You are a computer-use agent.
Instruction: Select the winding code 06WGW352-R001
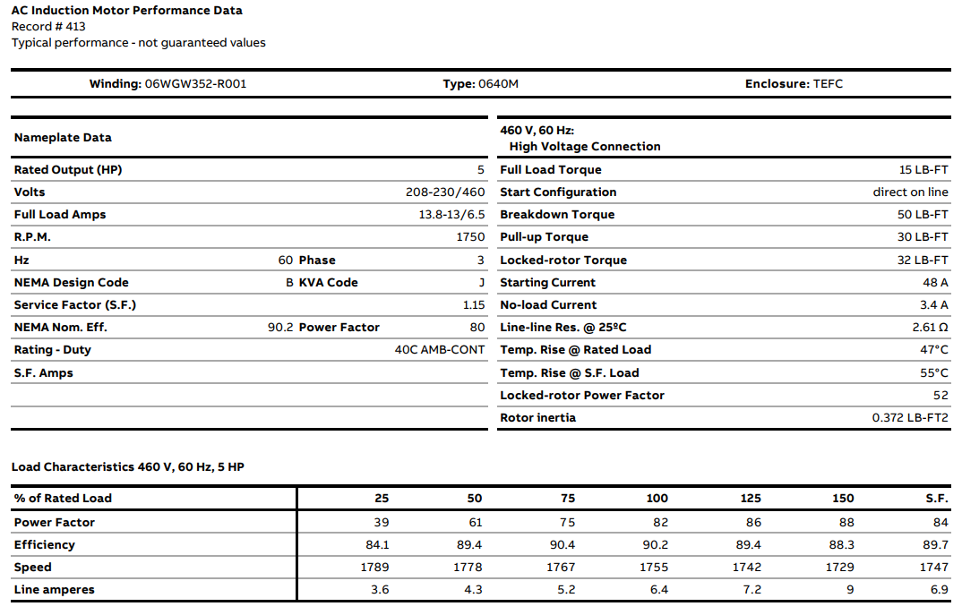coord(195,84)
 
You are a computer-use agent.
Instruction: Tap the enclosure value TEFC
coord(828,84)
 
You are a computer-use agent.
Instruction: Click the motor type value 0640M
coord(498,84)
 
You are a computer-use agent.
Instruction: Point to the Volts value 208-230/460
coord(445,192)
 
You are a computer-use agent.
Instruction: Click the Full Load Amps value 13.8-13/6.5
coord(445,215)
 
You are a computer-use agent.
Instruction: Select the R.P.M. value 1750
coord(470,237)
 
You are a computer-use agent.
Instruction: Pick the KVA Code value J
coord(481,283)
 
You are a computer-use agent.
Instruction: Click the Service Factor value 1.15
coord(474,305)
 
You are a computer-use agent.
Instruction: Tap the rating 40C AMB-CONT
coord(440,350)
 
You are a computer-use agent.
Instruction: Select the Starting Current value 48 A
coord(934,283)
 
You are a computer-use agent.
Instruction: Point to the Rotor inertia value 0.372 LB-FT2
coord(910,418)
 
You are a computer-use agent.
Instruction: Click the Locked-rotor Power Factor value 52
coord(941,396)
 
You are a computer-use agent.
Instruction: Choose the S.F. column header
coord(937,499)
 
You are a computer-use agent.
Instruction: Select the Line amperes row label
coord(55,590)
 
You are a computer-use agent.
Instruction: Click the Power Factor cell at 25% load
coord(382,523)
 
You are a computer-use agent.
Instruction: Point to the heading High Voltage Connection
coord(585,147)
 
